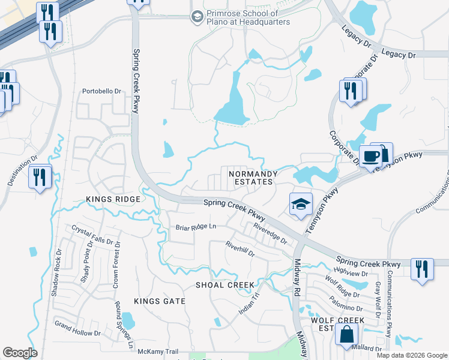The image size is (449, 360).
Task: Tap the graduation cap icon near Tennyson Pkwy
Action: (x=301, y=204)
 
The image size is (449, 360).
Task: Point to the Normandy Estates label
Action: (x=251, y=177)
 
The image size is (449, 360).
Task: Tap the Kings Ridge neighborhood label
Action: (x=113, y=199)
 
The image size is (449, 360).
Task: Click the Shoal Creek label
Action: (x=225, y=285)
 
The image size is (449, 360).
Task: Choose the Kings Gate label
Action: (x=159, y=301)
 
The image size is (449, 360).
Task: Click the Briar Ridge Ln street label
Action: (x=196, y=227)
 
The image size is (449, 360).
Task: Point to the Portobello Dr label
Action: (x=101, y=92)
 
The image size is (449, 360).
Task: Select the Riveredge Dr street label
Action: (x=270, y=233)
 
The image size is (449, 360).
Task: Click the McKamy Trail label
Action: (x=158, y=352)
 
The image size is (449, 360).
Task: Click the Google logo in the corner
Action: (x=20, y=353)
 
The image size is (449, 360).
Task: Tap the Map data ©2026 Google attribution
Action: (x=412, y=355)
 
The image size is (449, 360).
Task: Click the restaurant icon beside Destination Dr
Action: (x=40, y=177)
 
